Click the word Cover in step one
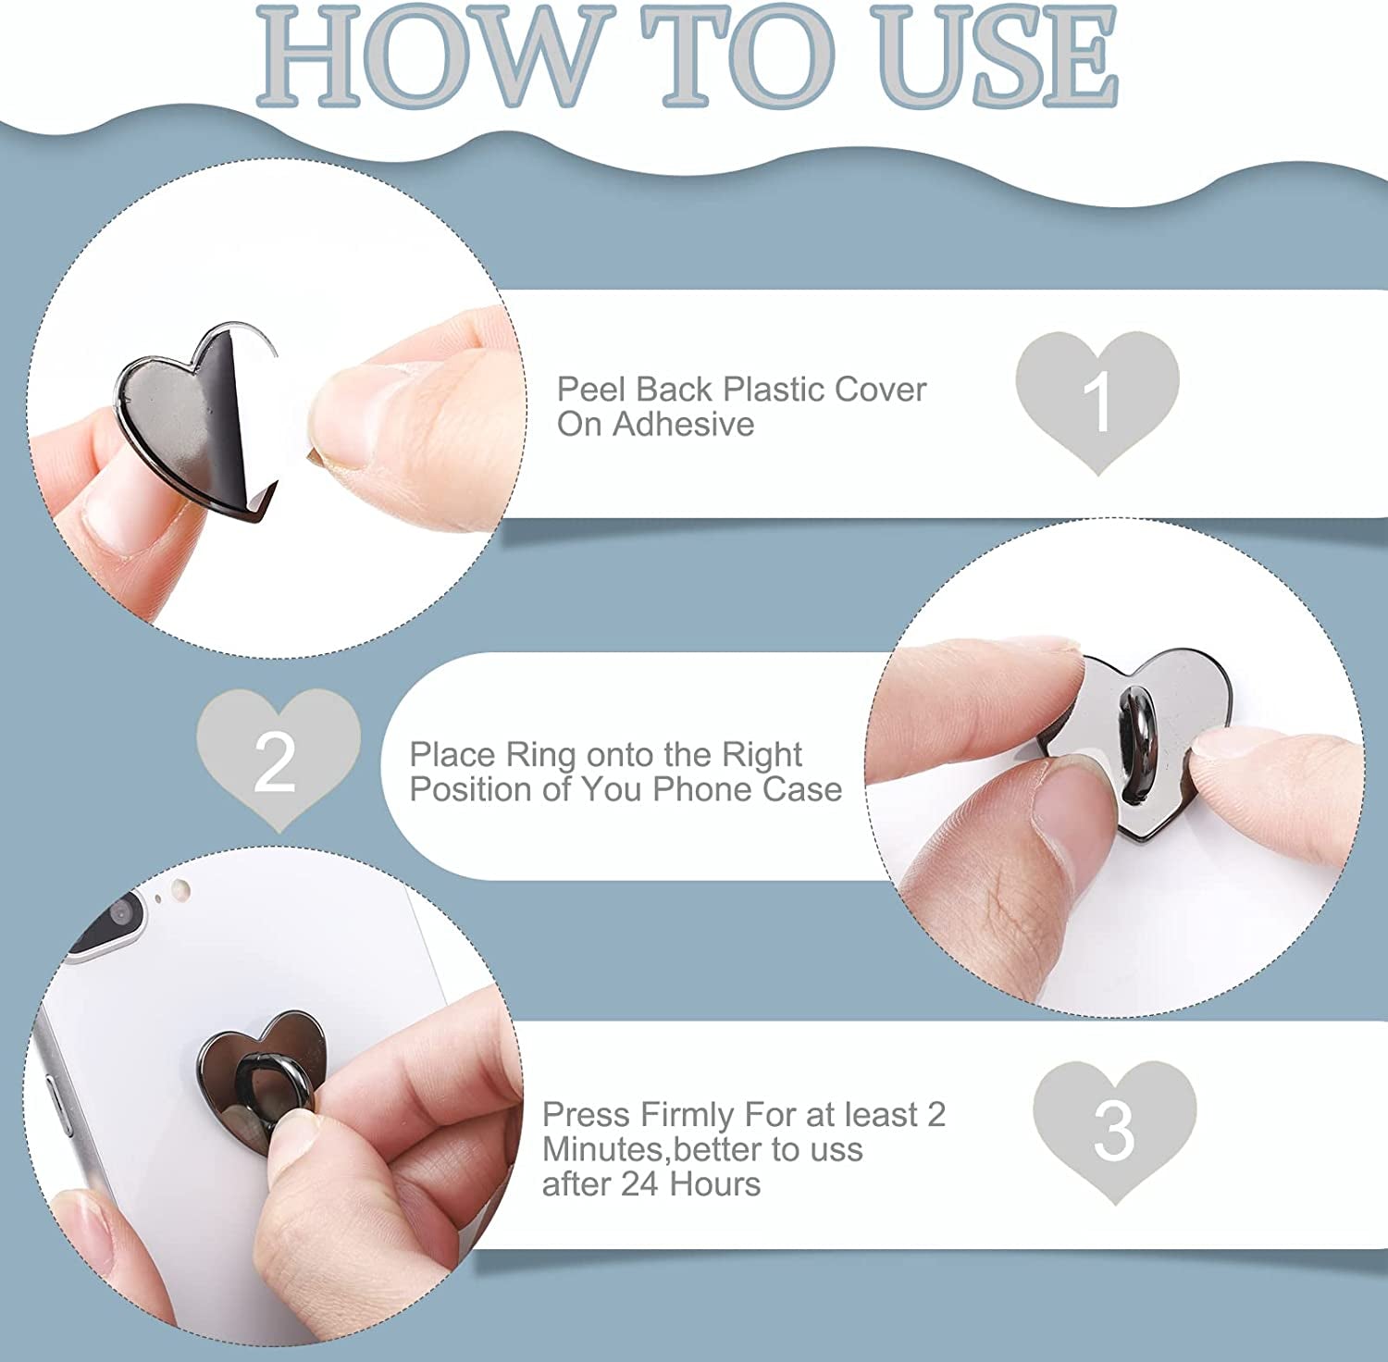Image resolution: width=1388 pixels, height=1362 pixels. pos(880,390)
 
